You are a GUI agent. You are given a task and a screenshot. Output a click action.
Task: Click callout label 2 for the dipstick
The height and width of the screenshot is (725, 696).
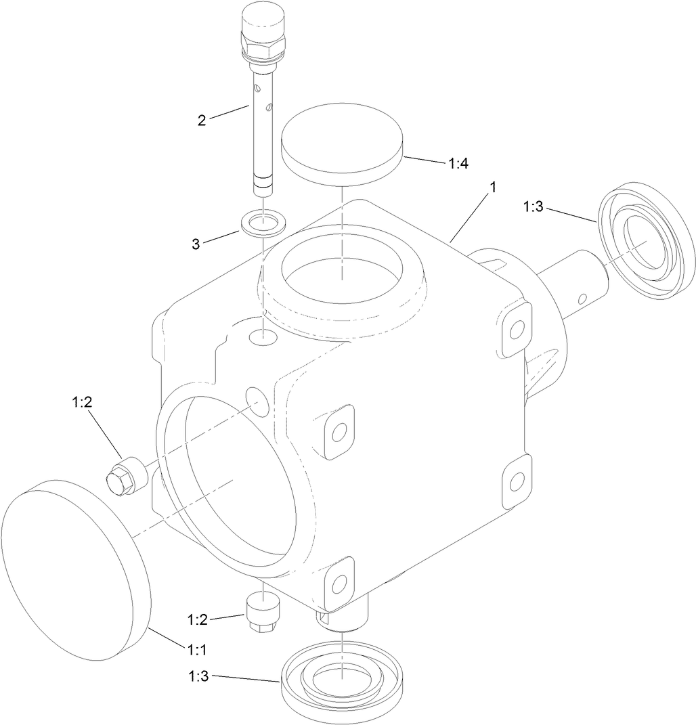click(202, 120)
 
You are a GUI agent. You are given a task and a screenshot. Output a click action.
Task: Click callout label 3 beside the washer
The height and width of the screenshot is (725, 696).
click(196, 244)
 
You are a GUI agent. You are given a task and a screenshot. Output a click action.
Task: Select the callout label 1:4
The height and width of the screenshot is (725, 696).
click(458, 163)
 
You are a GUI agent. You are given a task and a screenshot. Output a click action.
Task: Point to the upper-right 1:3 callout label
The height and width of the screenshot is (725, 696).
click(534, 207)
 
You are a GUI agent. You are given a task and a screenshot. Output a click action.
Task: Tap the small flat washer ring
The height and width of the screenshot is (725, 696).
click(264, 223)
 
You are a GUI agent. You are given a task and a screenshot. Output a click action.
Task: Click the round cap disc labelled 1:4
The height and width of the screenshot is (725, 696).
click(342, 144)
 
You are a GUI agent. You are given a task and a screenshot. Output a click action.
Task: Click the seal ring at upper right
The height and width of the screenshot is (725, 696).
click(647, 240)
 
